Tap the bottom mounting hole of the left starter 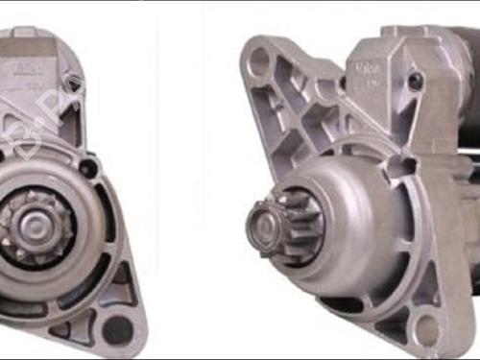tap(117, 329)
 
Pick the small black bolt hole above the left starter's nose tap(89, 168)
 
